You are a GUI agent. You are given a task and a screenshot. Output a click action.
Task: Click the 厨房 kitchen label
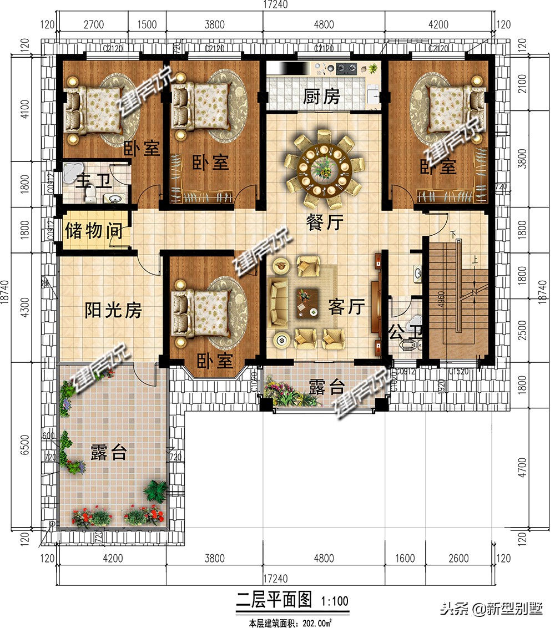pyautogui.click(x=321, y=98)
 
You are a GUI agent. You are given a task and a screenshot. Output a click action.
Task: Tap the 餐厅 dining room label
pyautogui.click(x=325, y=222)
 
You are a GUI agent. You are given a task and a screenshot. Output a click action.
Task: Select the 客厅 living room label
pyautogui.click(x=346, y=307)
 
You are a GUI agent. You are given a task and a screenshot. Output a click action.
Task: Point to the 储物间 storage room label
pyautogui.click(x=94, y=230)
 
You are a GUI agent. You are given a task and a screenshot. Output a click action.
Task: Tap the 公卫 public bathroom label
pyautogui.click(x=405, y=333)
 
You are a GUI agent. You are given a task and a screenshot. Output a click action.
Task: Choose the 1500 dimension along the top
pyautogui.click(x=147, y=24)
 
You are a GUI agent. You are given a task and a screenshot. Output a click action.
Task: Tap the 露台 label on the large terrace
pyautogui.click(x=108, y=453)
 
